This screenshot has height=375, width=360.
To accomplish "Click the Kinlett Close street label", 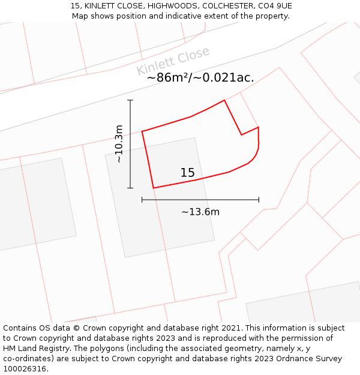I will pos(173,61).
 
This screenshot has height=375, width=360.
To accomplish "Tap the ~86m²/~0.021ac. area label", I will pos(200,78).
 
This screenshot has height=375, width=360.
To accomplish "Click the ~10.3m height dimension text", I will pos(119,144).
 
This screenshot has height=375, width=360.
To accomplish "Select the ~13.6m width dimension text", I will pos(200,212).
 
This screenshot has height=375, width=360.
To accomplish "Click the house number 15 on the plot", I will pos(187,173).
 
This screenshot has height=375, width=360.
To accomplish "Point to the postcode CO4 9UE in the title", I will pos(275,6).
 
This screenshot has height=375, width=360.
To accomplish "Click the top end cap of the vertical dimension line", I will pos(130,100).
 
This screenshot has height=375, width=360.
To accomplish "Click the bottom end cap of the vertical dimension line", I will pos(130,188).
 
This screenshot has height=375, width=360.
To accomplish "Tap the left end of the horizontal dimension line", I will pos(142,200).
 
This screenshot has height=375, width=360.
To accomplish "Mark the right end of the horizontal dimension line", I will pos(259,200).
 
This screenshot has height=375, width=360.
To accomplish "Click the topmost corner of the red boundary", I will pos(224,100).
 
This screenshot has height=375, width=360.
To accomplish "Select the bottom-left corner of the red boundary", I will pos(154,188).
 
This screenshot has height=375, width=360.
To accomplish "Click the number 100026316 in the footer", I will pos(25,369).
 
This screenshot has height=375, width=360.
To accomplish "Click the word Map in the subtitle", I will pos(80,16).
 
